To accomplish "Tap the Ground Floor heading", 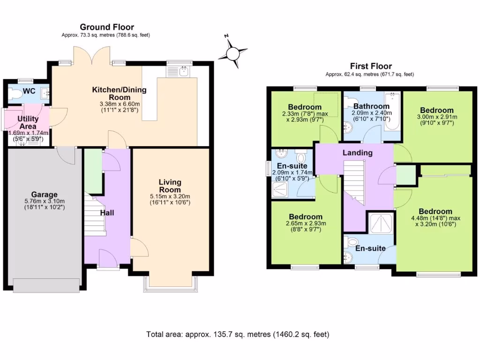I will [106, 27].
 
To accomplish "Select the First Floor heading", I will [371, 66].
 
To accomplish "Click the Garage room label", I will [44, 194].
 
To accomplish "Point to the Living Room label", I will [170, 186].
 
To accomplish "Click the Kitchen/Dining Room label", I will [119, 93].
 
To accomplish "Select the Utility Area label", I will [28, 122].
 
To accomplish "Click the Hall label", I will [107, 212].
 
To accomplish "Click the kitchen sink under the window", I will [180, 72].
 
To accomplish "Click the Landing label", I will [357, 152].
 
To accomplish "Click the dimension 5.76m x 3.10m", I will [44, 202].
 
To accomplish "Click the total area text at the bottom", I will [238, 334].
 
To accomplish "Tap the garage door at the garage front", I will [45, 285].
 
